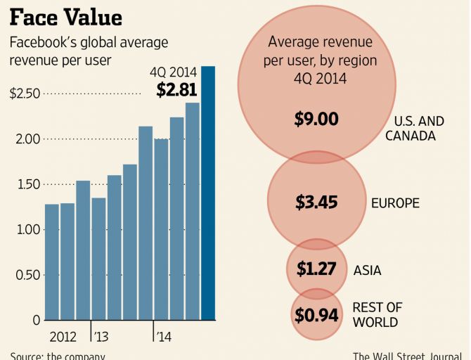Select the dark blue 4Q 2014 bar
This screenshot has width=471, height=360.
pyautogui.click(x=209, y=193)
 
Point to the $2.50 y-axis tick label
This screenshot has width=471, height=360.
pyautogui.click(x=25, y=94)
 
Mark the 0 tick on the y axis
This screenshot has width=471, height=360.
pyautogui.click(x=36, y=320)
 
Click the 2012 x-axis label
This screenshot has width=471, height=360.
pyautogui.click(x=63, y=337)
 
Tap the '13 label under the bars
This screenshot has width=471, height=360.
pyautogui.click(x=101, y=337)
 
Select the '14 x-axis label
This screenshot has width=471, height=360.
pyautogui.click(x=163, y=337)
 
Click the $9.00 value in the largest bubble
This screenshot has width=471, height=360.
pyautogui.click(x=316, y=119)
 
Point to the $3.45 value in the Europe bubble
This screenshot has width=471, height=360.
pyautogui.click(x=316, y=203)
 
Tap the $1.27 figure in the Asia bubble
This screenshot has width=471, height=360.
pyautogui.click(x=316, y=269)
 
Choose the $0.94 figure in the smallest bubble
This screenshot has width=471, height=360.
pyautogui.click(x=316, y=316)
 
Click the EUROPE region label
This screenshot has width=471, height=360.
pyautogui.click(x=395, y=203)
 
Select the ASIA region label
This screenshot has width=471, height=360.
pyautogui.click(x=368, y=270)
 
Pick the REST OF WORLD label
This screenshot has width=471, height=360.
pyautogui.click(x=376, y=315)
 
